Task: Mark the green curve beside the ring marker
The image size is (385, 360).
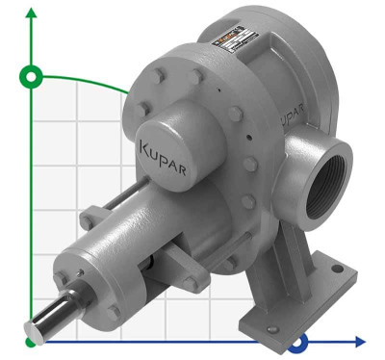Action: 87,80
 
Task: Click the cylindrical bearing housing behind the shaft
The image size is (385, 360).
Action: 91,270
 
